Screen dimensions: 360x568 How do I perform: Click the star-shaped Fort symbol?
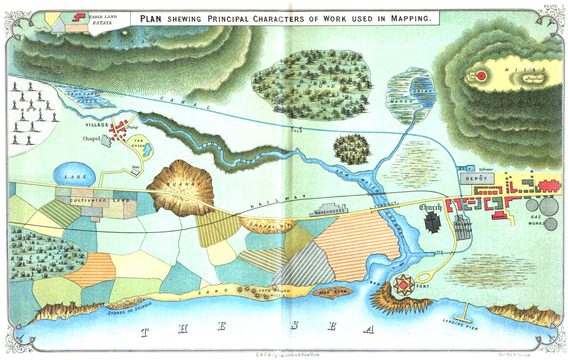tap(404, 283)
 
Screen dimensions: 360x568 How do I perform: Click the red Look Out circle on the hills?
tap(482, 75)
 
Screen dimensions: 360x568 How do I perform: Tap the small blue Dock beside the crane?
tap(463, 169)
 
